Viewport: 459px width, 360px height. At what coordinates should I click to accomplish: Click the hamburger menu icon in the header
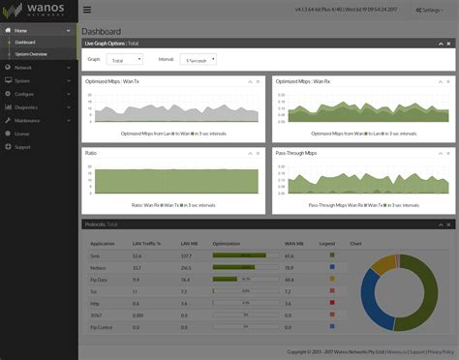(x=88, y=10)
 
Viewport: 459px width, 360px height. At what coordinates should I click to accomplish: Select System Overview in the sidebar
(x=32, y=54)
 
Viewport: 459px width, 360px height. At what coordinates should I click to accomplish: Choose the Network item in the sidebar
(x=23, y=68)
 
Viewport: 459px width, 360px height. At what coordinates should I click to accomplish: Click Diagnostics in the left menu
(x=27, y=107)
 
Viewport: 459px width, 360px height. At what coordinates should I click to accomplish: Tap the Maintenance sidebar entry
(x=28, y=120)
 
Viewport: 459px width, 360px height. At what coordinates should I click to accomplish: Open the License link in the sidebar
(x=21, y=134)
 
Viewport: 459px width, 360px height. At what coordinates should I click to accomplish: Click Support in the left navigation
(x=22, y=146)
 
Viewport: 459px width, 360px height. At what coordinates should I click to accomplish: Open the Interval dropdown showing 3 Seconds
(x=198, y=59)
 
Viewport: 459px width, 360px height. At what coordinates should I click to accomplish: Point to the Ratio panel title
(x=94, y=153)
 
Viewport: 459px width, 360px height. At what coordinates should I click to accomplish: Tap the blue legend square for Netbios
(x=332, y=267)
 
